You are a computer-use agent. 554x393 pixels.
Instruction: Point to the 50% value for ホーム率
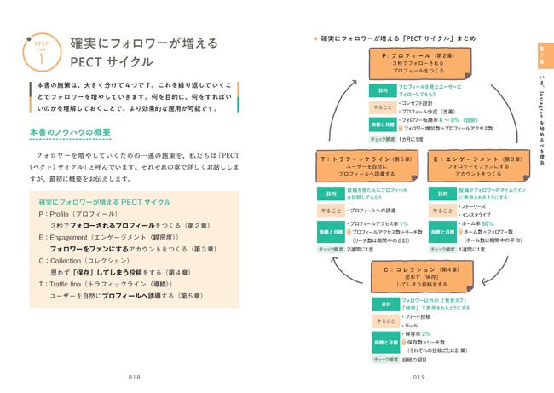point(488,223)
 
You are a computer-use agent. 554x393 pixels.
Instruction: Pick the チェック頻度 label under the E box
point(441,249)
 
